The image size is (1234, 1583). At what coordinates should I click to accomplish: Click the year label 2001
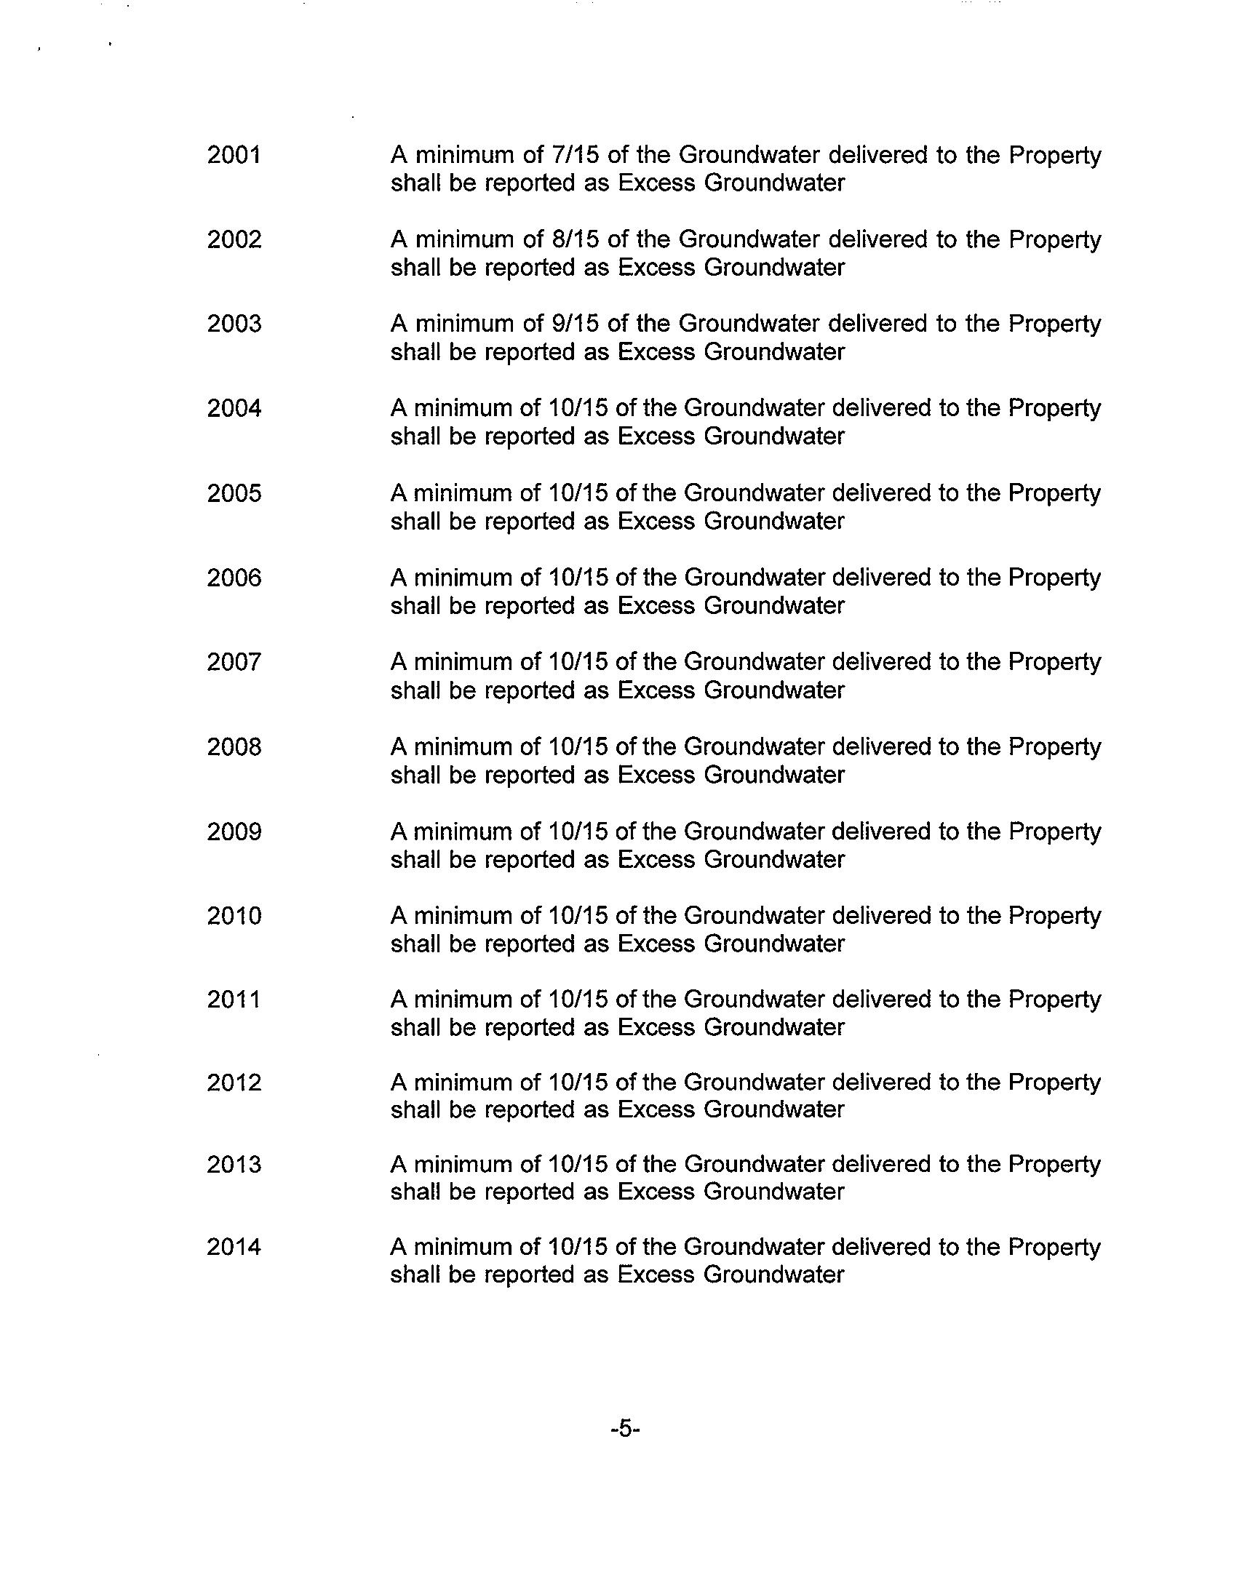pos(234,155)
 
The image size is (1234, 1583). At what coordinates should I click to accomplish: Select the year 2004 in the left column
pos(234,408)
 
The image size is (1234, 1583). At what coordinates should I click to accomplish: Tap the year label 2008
pos(234,747)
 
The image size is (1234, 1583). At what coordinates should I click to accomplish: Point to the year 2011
pos(234,1000)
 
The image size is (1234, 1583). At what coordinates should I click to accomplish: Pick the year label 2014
pos(234,1247)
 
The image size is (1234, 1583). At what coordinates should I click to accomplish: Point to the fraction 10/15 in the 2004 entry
pos(576,408)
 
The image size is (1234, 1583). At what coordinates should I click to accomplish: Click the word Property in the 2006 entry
pos(1054,578)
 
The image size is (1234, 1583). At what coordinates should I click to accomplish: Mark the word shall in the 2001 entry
pos(415,183)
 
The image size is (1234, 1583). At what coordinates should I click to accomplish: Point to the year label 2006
pos(234,578)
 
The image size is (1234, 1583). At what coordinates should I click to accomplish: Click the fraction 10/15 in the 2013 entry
pos(576,1165)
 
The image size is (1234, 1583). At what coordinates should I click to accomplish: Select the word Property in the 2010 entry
pos(1054,916)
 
